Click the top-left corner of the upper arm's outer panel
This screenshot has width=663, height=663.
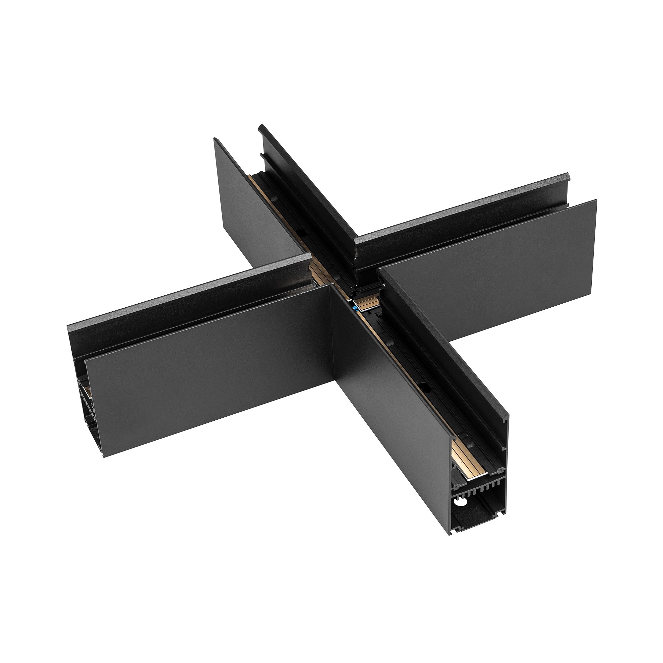coord(214,139)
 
